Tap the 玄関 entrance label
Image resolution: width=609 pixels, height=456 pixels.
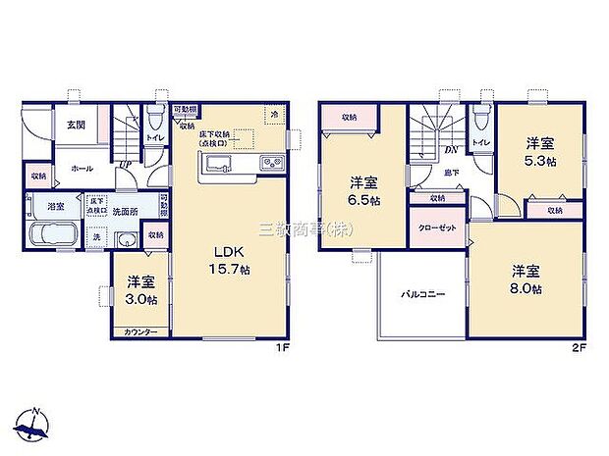[x=76, y=125]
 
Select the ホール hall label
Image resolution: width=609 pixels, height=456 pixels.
[x=68, y=169]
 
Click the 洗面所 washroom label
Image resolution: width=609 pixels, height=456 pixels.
[x=125, y=210]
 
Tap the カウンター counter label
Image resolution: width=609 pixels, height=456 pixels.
[x=140, y=333]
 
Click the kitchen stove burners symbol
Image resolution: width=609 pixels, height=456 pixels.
[x=270, y=162]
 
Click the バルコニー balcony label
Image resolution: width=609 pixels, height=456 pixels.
[x=422, y=293]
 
